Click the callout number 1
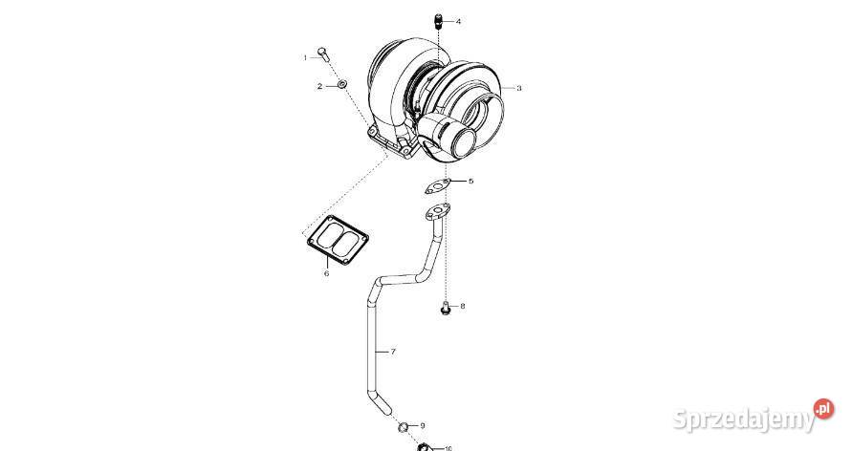point(306,57)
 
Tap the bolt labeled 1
point(323,54)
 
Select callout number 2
point(320,86)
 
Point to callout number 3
point(519,88)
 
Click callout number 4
point(458,20)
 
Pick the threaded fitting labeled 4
point(438,20)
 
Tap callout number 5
point(470,181)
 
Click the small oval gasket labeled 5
point(438,185)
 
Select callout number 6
point(326,273)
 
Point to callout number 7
point(393,353)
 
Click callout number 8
point(463,307)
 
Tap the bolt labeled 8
point(446,308)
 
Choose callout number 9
point(423,425)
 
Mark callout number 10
point(448,447)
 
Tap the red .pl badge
point(823,409)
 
